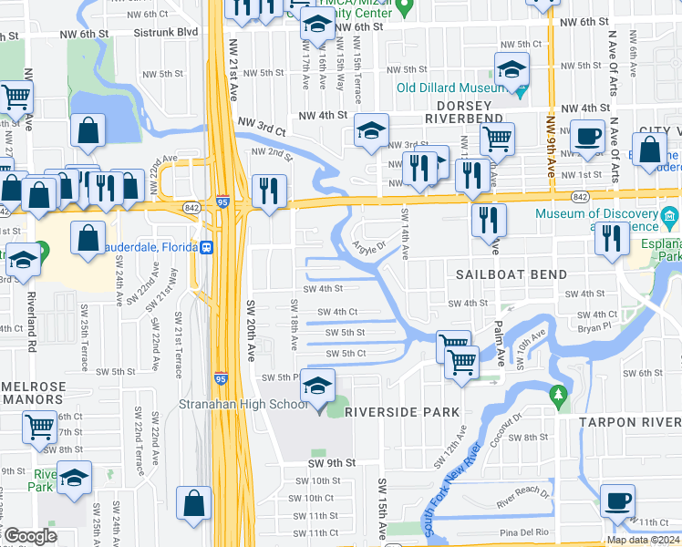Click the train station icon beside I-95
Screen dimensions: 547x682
208,246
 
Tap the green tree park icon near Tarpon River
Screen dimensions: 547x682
558,395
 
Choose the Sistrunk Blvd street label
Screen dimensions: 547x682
164,31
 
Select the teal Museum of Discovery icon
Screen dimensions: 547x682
671,215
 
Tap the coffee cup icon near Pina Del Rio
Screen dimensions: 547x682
617,501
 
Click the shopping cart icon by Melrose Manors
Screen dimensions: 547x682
40,426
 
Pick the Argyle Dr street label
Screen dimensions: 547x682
368,247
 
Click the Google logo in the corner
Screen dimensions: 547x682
29,536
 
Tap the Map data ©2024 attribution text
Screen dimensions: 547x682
643,540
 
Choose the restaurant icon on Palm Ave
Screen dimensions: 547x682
489,220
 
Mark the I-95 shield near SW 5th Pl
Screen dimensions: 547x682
221,377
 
